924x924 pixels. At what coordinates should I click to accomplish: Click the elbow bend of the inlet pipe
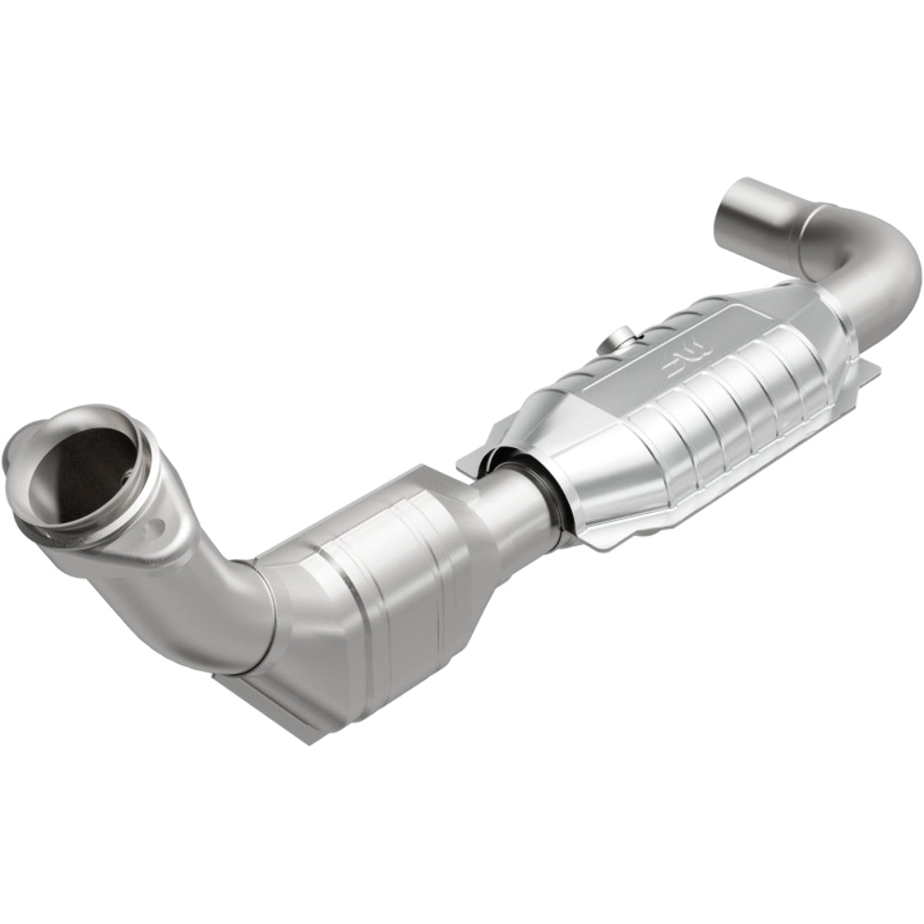click(x=222, y=601)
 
